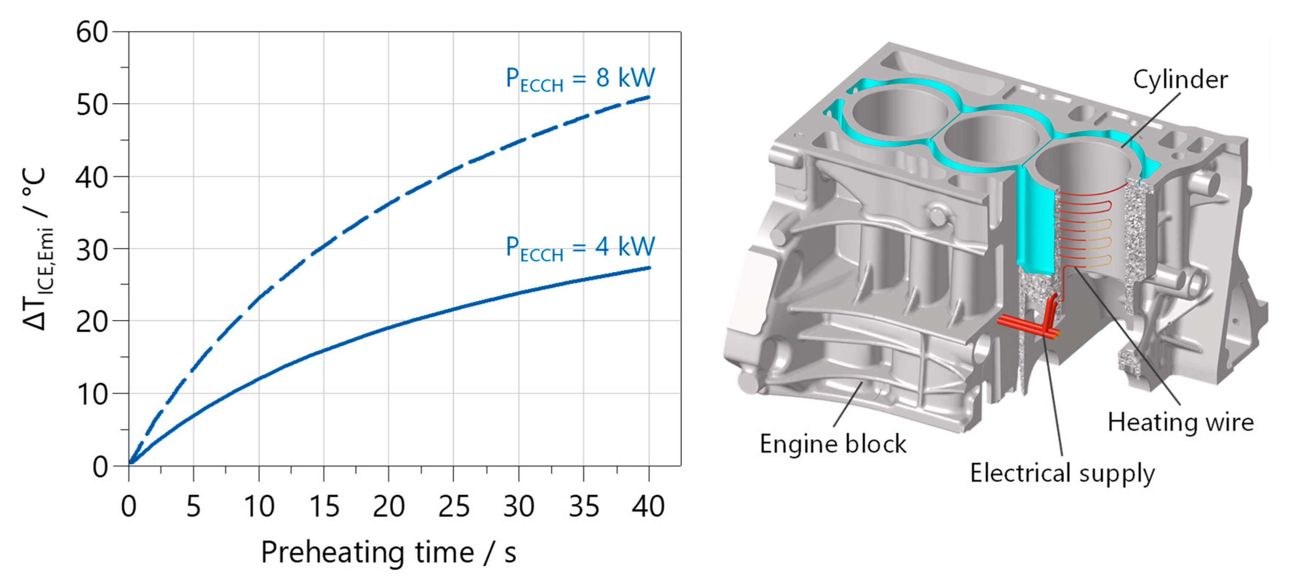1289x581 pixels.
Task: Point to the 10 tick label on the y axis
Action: pyautogui.click(x=92, y=395)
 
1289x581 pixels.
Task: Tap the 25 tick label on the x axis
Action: pyautogui.click(x=453, y=506)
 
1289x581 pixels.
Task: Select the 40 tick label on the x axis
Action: pyautogui.click(x=649, y=506)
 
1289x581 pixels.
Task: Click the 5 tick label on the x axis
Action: pyautogui.click(x=194, y=506)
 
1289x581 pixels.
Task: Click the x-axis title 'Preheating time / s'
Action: pyautogui.click(x=389, y=552)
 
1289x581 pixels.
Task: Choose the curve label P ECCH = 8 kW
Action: pyautogui.click(x=580, y=79)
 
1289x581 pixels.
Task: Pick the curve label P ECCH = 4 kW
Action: pyautogui.click(x=580, y=248)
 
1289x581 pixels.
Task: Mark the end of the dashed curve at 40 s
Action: pyautogui.click(x=649, y=97)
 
